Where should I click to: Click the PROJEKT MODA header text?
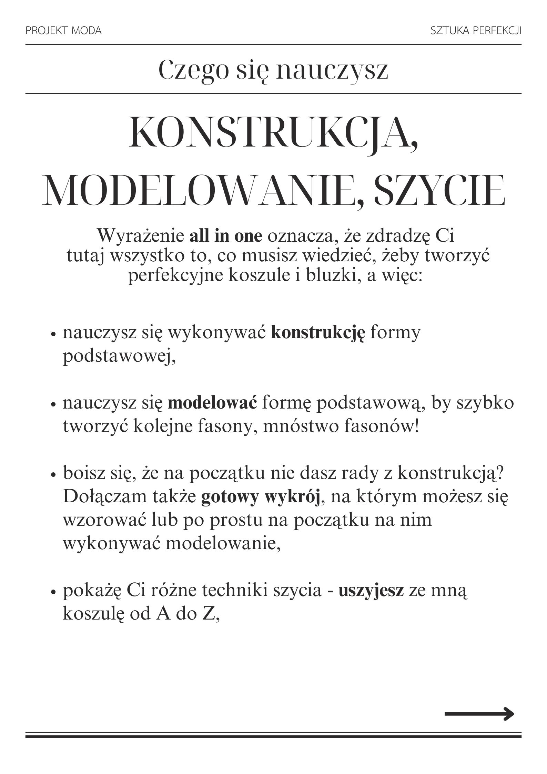pyautogui.click(x=63, y=31)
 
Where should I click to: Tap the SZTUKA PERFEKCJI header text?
pyautogui.click(x=476, y=31)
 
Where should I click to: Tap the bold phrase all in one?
pyautogui.click(x=226, y=237)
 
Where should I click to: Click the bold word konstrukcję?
pyautogui.click(x=318, y=333)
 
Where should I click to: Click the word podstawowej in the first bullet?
pyautogui.click(x=119, y=357)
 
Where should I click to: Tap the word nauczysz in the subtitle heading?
pyautogui.click(x=332, y=71)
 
